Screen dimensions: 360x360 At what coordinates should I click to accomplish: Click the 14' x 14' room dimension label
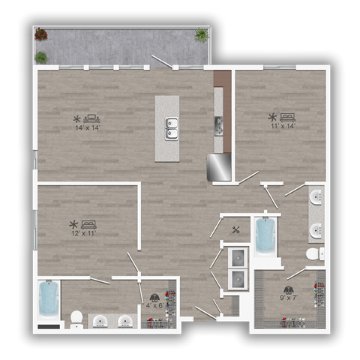tap(87, 127)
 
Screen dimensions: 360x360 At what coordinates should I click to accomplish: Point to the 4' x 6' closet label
tap(154, 305)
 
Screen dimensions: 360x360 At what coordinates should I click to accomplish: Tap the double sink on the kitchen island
tap(172, 128)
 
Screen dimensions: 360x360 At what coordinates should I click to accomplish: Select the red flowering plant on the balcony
tap(41, 34)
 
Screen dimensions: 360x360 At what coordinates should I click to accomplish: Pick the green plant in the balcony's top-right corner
tap(202, 34)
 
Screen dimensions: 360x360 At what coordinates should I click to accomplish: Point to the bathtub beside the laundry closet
tap(265, 236)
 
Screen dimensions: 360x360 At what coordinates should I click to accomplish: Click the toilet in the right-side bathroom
tap(318, 254)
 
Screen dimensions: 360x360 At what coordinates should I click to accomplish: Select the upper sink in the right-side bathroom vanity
tap(316, 198)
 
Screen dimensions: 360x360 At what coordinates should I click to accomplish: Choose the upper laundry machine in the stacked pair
tap(238, 257)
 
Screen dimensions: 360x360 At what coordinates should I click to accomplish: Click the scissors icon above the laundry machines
tap(237, 230)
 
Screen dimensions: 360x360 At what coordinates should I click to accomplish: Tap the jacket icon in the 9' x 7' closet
tap(289, 290)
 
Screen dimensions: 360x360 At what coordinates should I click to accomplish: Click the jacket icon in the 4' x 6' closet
tap(154, 297)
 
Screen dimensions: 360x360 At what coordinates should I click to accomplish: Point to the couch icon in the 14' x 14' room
tap(92, 118)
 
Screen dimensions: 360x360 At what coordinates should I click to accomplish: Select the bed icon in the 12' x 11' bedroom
tap(88, 223)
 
